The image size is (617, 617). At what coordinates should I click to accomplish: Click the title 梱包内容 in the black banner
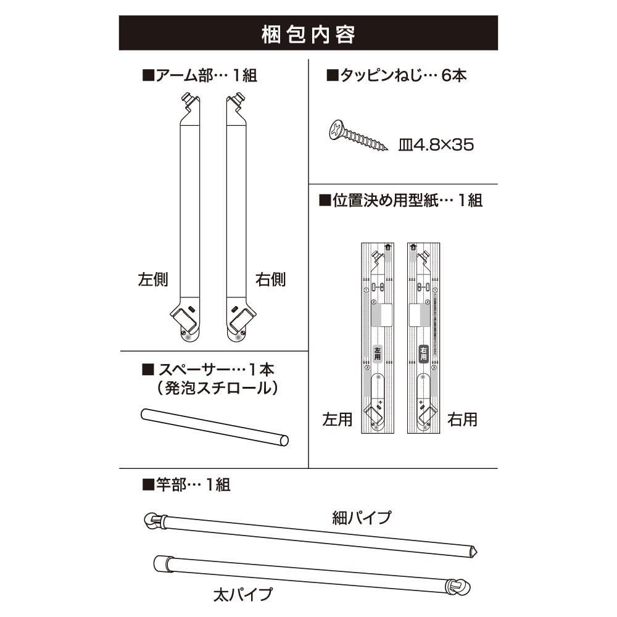[308, 34]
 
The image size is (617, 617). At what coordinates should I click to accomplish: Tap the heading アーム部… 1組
[199, 76]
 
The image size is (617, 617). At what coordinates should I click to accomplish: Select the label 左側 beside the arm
[152, 280]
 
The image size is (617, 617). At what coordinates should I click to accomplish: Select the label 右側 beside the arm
[271, 280]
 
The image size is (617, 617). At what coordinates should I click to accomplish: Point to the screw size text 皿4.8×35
[436, 146]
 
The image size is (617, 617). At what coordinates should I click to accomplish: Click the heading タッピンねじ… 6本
[396, 76]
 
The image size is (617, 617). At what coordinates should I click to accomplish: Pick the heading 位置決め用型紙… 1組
[400, 201]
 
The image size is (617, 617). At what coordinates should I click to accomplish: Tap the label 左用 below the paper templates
[337, 420]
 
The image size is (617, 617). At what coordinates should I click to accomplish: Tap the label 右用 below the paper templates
[463, 420]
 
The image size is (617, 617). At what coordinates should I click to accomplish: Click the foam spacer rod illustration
[214, 426]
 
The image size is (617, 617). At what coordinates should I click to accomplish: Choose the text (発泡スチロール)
[213, 389]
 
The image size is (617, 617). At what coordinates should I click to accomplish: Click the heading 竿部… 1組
[186, 484]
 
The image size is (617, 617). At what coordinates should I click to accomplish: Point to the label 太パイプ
[242, 595]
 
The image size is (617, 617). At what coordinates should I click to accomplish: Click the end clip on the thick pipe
[457, 586]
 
